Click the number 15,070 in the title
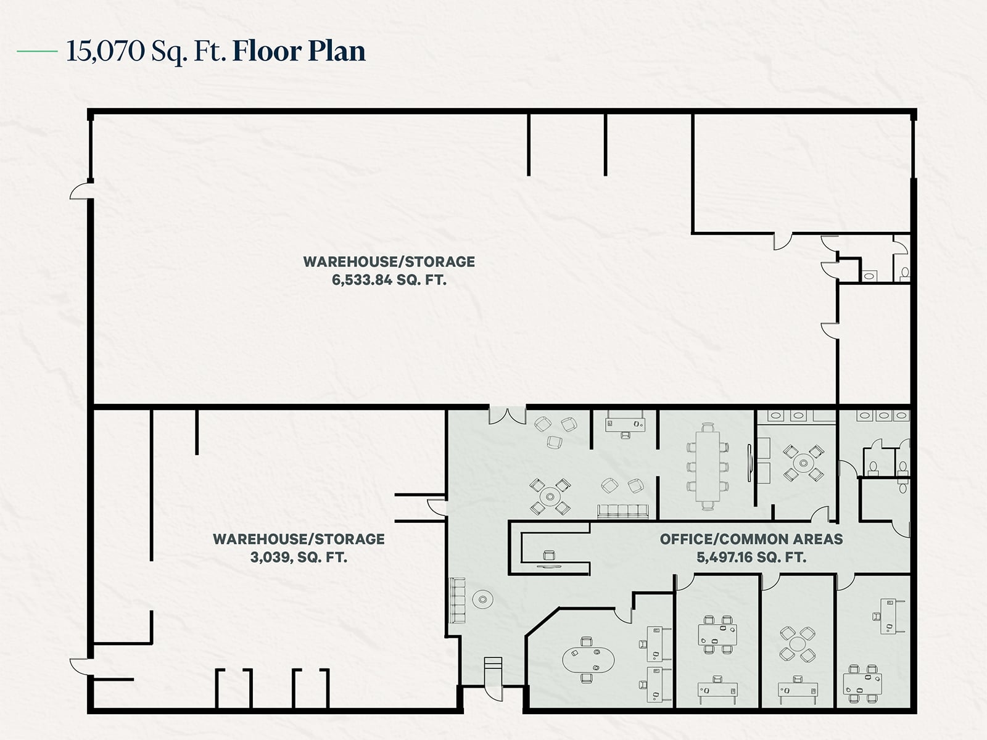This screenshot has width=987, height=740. pyautogui.click(x=105, y=51)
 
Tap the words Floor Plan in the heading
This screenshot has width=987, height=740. pyautogui.click(x=299, y=51)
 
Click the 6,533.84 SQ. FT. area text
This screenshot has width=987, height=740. pyautogui.click(x=389, y=280)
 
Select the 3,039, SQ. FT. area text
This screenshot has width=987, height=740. pyautogui.click(x=299, y=557)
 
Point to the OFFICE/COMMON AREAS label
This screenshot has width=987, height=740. pyautogui.click(x=751, y=539)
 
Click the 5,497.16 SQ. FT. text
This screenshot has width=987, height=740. pyautogui.click(x=751, y=557)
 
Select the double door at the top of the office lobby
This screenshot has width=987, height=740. pyautogui.click(x=507, y=416)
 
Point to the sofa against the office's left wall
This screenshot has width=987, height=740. pyautogui.click(x=458, y=599)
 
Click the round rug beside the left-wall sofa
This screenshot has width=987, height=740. pyautogui.click(x=482, y=598)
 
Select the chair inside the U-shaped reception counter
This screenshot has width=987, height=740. pyautogui.click(x=548, y=554)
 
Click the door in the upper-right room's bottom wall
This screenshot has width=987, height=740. pyautogui.click(x=783, y=241)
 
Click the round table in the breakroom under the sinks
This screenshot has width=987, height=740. pyautogui.click(x=803, y=462)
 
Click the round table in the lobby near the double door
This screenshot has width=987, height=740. pyautogui.click(x=549, y=496)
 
